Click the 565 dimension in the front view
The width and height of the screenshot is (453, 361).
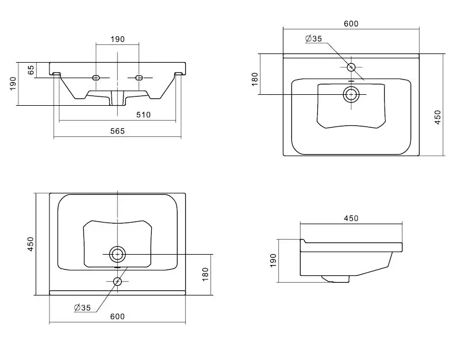coord(118,131)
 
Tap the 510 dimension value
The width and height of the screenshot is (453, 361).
coord(143,114)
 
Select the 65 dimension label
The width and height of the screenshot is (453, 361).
coord(31,70)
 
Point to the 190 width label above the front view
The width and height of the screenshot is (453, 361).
coord(118,39)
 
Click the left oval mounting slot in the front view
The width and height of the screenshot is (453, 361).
coord(96,78)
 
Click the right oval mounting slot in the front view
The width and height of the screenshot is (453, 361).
coord(139,78)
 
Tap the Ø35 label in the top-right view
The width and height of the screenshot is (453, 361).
coord(314,39)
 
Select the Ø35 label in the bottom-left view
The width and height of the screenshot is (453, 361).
coord(83,308)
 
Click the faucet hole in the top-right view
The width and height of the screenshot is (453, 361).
coord(351,67)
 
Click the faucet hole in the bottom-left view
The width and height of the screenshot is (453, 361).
coord(117,281)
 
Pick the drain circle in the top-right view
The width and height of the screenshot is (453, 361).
coord(351,94)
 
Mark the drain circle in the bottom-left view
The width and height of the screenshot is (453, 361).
coord(117,254)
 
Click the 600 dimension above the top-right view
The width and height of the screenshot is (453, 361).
coord(351,24)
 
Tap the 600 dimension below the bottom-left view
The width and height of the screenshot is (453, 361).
coord(118,317)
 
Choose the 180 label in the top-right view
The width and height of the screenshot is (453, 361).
coord(255,79)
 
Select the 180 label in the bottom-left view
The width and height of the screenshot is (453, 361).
coord(205,274)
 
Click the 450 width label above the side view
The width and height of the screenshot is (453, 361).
coord(351,218)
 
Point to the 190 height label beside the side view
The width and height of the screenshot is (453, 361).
coord(273,260)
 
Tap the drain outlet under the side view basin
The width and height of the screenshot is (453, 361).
coord(335,279)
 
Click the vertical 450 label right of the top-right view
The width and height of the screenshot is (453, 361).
coord(437,117)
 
